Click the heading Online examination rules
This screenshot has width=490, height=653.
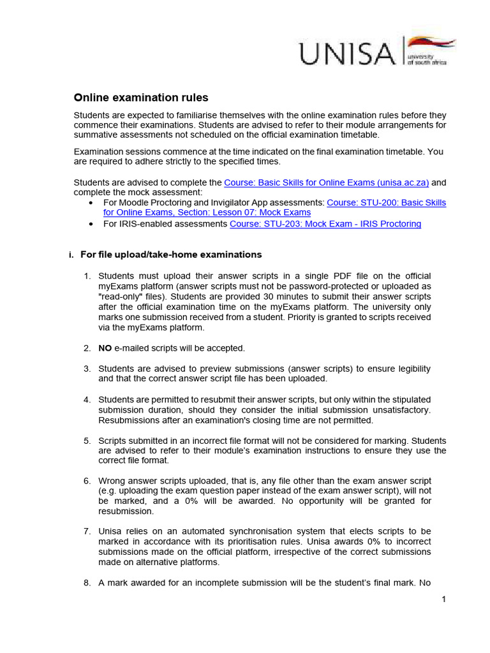click(x=141, y=98)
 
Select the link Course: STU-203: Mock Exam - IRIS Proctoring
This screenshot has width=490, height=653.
click(x=325, y=224)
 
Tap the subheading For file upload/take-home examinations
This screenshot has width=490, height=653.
click(x=170, y=254)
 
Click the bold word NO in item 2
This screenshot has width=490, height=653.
click(x=105, y=348)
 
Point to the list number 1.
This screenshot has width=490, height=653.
click(x=87, y=275)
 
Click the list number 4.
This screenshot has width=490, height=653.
click(x=87, y=399)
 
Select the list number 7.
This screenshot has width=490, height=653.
click(x=87, y=531)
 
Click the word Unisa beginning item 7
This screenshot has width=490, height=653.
click(x=110, y=531)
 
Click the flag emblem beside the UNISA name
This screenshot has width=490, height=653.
click(x=432, y=45)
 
